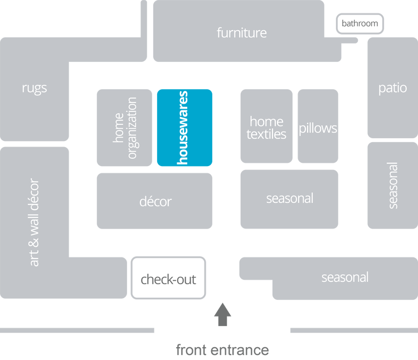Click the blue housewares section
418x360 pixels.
184,128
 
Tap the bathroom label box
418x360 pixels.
359,23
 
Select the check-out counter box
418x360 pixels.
168,278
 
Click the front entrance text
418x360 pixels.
222,350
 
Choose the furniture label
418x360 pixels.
241,33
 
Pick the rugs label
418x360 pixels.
35,87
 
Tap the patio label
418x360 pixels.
392,88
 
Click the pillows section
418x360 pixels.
318,128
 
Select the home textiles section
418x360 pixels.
266,128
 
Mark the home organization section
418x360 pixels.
124,128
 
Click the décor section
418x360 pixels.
155,201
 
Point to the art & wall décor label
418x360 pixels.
35,223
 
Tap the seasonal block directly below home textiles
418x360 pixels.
289,198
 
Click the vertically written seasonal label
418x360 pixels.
393,186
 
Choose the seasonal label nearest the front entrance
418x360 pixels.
344,278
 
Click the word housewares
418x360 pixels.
183,128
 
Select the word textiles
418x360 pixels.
266,134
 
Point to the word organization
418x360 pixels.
132,128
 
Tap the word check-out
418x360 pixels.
168,279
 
